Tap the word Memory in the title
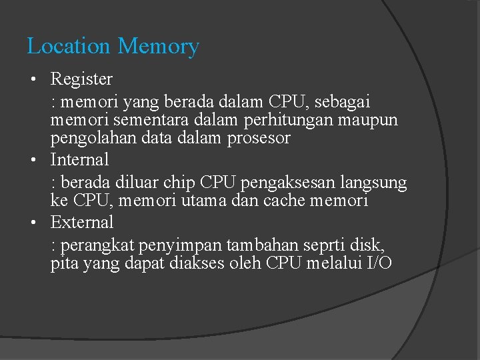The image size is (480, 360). tap(158, 47)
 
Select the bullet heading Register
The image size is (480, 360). tap(82, 79)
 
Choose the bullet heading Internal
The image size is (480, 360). tap(79, 160)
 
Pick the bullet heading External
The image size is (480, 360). tap(82, 222)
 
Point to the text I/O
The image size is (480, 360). tap(379, 263)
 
